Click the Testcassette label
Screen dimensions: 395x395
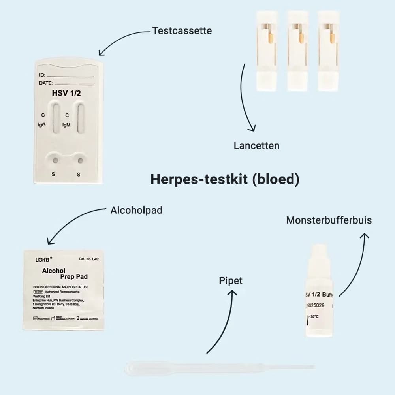coord(182,30)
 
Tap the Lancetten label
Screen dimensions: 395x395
coord(256,145)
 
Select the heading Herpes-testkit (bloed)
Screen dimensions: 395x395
coord(225,179)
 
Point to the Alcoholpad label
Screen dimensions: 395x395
coord(136,210)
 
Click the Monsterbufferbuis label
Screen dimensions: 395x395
coord(329,220)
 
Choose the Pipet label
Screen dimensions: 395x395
coord(231,281)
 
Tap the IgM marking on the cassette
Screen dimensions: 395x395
coord(66,125)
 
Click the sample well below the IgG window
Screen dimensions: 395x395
coord(55,160)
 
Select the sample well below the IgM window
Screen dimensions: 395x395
coord(81,160)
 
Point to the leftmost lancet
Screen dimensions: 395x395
coord(267,51)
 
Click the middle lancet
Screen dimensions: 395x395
coord(298,51)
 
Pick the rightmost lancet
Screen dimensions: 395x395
coord(329,51)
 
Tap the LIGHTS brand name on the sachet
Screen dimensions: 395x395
coord(43,260)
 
